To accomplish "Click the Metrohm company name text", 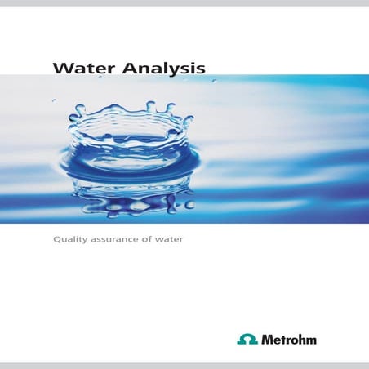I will (288, 339).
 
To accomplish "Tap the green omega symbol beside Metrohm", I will (247, 339).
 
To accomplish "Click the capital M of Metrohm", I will (267, 339).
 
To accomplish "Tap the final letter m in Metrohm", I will (310, 340).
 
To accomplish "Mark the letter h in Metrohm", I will (300, 339).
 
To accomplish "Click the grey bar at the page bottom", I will (184, 364).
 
